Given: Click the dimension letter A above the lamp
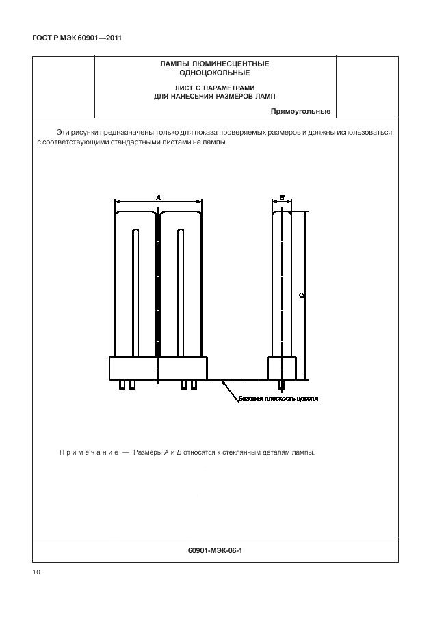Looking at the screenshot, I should (x=159, y=197).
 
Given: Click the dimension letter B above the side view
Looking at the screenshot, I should (x=282, y=197).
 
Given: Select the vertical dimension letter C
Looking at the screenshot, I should (x=302, y=295).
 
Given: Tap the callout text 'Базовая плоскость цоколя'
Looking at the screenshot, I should (x=278, y=398).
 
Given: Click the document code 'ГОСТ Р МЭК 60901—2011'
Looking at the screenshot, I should (x=77, y=38).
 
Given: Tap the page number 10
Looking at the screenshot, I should (x=36, y=572).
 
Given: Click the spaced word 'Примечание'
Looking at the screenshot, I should (x=86, y=452).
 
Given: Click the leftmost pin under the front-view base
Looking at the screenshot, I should (x=122, y=385).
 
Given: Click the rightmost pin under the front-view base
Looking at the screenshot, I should (x=194, y=385).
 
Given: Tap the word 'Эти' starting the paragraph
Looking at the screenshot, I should (x=63, y=132).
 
